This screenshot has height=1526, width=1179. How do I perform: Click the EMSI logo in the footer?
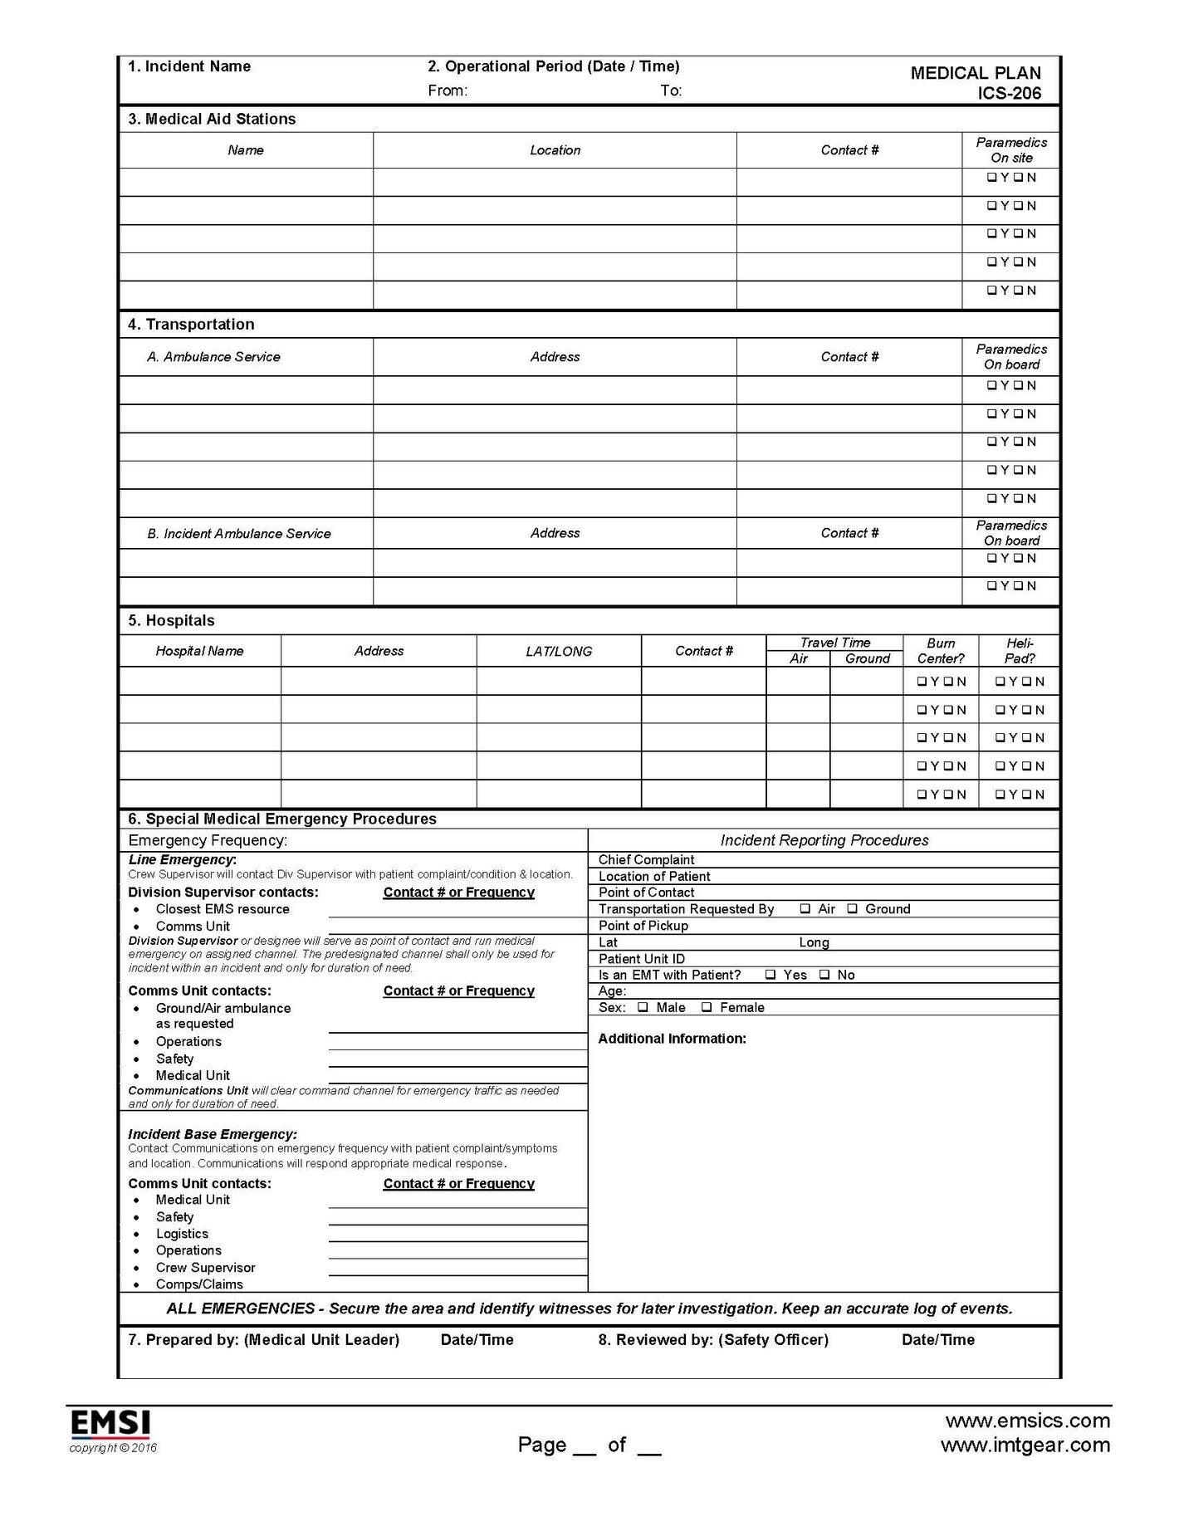coord(110,1424)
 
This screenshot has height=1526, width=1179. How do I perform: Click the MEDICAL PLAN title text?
coord(975,73)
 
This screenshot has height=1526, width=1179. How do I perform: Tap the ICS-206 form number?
coord(1009,94)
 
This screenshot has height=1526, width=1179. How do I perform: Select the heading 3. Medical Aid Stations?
coord(212,120)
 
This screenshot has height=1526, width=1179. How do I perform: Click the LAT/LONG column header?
coord(559,652)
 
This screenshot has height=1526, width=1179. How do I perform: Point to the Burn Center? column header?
coord(941,651)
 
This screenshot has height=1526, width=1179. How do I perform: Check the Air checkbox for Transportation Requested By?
coord(805,909)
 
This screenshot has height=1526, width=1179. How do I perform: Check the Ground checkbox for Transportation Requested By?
coord(853,909)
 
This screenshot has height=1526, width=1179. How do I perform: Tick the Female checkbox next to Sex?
coord(707,1008)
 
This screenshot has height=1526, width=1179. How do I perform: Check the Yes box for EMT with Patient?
coord(771,975)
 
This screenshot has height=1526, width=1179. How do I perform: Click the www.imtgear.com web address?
coord(1025,1445)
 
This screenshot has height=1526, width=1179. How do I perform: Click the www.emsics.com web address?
coord(1028,1421)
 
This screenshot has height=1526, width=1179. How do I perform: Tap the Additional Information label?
coord(672,1039)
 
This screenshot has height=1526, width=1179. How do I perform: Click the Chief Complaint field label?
coord(646,860)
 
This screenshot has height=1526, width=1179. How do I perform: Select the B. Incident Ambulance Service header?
coord(239,534)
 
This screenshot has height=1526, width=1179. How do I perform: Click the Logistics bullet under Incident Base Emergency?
coord(182,1235)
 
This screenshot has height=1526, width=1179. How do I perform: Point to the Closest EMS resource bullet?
coord(223,909)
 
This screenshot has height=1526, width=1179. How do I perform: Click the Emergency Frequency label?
coord(208,841)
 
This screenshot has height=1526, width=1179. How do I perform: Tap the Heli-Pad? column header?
coord(1020,651)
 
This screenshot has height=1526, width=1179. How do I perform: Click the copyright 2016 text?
coord(113,1449)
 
